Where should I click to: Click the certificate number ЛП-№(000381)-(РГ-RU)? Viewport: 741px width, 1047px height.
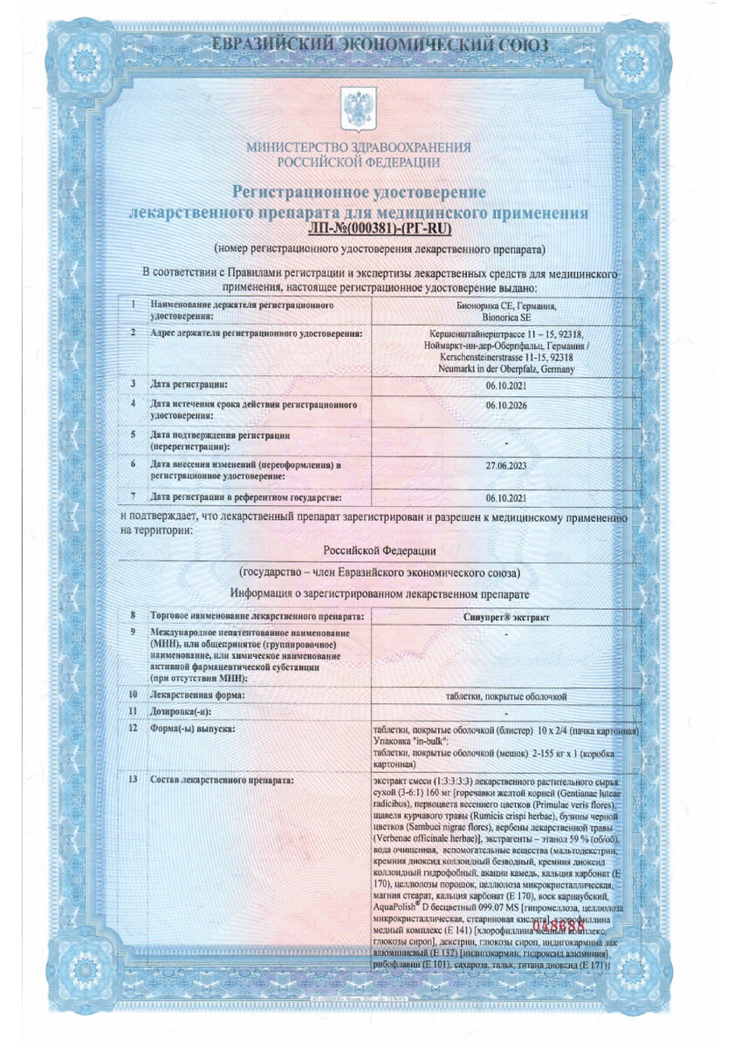coord(381,230)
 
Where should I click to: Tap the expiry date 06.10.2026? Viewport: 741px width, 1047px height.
coord(506,406)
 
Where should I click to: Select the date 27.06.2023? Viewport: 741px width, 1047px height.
coord(506,465)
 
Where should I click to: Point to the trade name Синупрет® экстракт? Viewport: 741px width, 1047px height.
coord(506,617)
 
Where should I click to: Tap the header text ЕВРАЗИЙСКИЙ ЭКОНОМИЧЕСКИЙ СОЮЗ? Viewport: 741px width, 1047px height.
coord(372,44)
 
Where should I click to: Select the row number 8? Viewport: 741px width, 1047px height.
coord(132,617)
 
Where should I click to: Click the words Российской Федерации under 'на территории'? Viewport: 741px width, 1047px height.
coord(380,551)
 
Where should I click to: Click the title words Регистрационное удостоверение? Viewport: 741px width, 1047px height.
coord(358,192)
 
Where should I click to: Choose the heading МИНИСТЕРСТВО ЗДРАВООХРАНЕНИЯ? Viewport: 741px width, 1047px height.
coord(359,147)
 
